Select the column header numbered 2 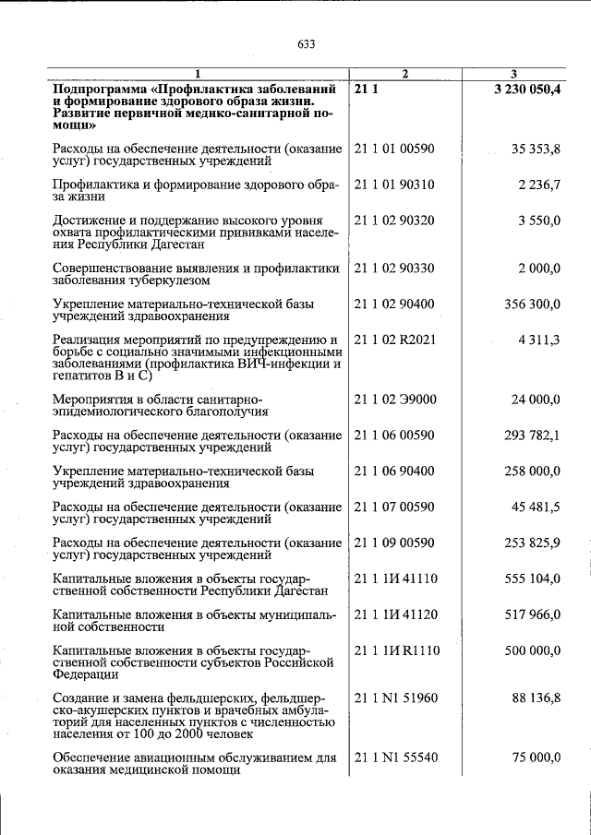click(405, 73)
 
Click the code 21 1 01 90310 click(393, 185)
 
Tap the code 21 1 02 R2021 click(393, 340)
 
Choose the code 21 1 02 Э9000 click(394, 399)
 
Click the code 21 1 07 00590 click(393, 507)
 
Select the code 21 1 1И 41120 click(395, 614)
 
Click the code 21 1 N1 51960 click(395, 698)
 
